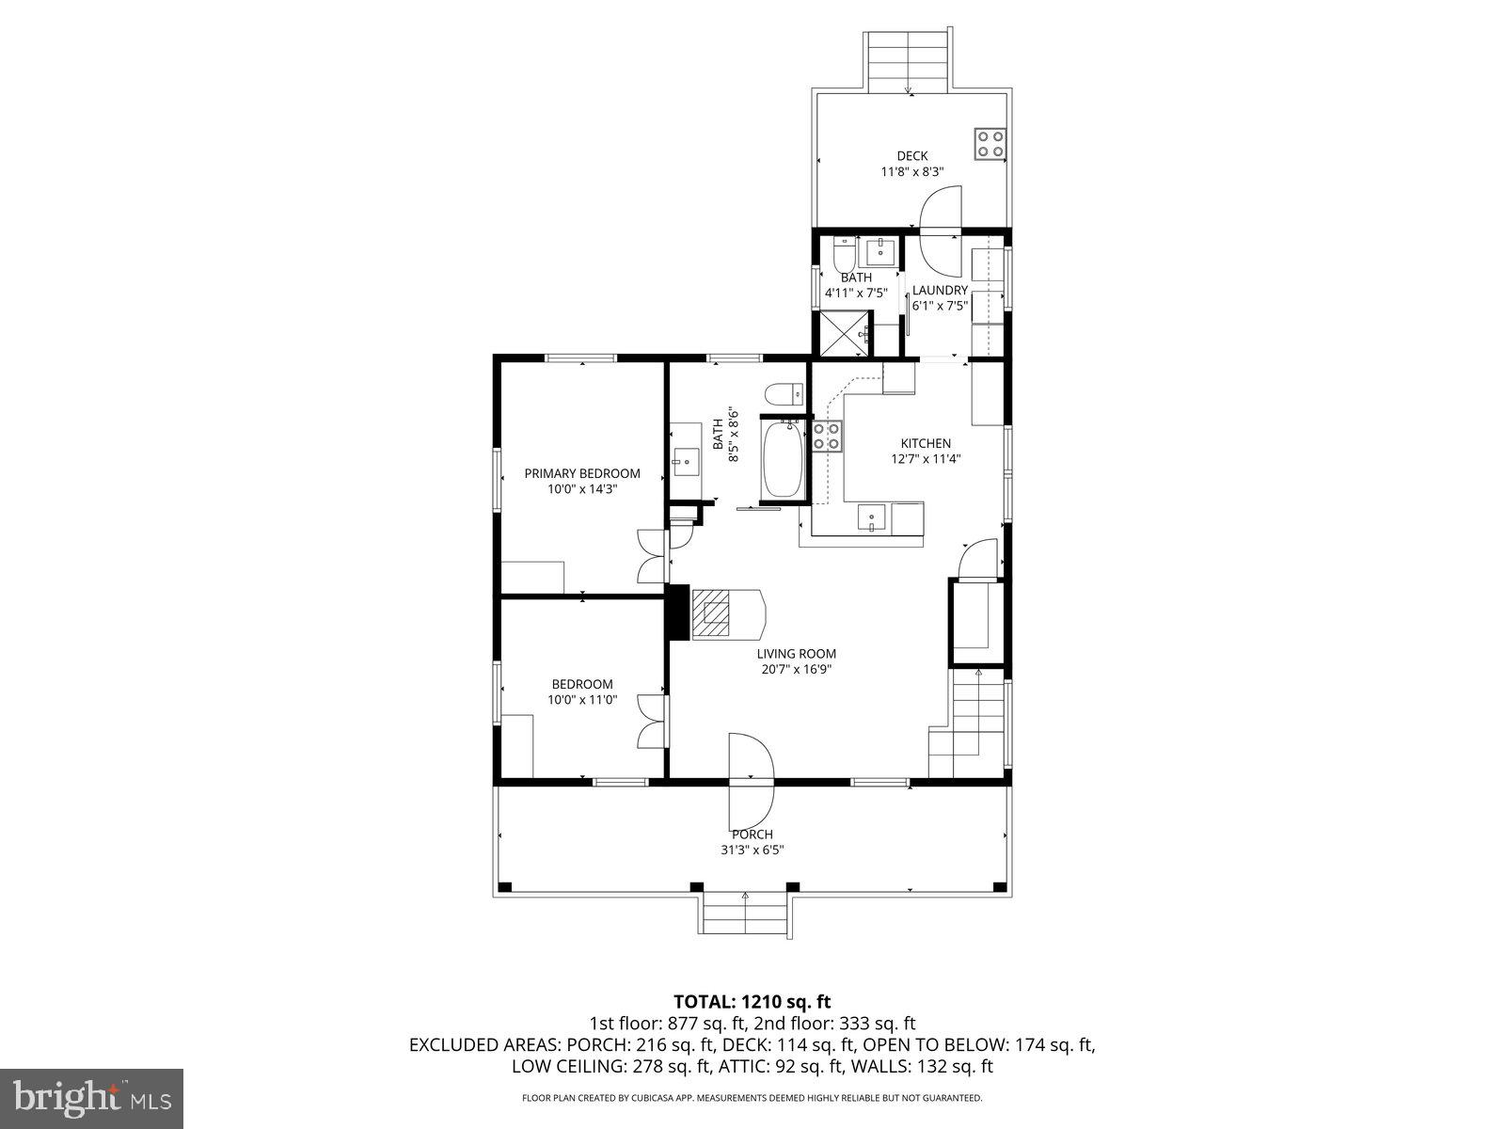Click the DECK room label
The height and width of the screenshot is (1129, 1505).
pyautogui.click(x=911, y=156)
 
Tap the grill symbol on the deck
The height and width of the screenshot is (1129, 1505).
pyautogui.click(x=990, y=143)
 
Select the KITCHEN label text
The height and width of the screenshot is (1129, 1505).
pyautogui.click(x=926, y=443)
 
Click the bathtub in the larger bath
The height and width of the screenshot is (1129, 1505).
pyautogui.click(x=782, y=460)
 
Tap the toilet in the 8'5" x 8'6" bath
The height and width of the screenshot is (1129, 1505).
pyautogui.click(x=783, y=393)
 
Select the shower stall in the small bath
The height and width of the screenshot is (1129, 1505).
pyautogui.click(x=843, y=331)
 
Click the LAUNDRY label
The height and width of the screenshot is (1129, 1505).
pyautogui.click(x=939, y=291)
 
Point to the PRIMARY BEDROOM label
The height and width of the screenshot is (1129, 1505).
pyautogui.click(x=582, y=473)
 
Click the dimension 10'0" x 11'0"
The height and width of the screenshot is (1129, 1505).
pyautogui.click(x=582, y=699)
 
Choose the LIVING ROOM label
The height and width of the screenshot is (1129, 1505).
pyautogui.click(x=797, y=654)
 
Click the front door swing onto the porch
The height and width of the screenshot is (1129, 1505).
pyautogui.click(x=751, y=776)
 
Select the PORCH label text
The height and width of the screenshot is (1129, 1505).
pyautogui.click(x=752, y=835)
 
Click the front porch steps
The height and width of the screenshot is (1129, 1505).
pyautogui.click(x=745, y=914)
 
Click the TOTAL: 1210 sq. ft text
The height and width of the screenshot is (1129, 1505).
pyautogui.click(x=752, y=1001)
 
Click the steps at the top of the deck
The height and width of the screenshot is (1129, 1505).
pyautogui.click(x=908, y=60)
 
